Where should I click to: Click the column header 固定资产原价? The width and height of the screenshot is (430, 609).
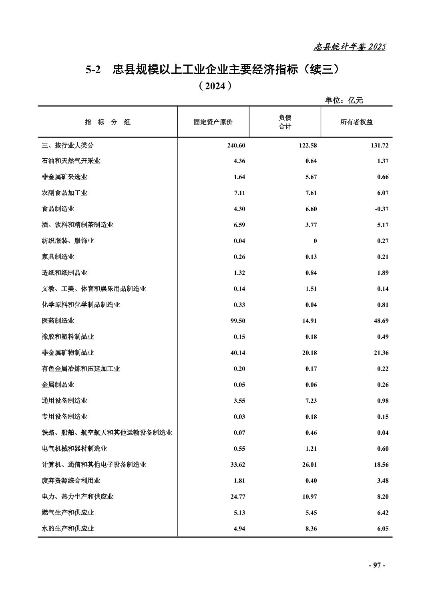tap(213, 122)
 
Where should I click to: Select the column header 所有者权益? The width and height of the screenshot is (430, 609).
tap(356, 122)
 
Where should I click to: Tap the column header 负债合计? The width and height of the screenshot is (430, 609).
tap(285, 122)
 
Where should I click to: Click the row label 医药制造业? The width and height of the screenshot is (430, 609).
tap(58, 321)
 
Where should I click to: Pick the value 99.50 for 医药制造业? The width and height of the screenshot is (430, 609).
tap(236, 321)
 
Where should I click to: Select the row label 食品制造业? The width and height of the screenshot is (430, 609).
tap(58, 209)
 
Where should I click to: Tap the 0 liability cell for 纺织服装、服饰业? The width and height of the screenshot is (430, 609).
tap(315, 241)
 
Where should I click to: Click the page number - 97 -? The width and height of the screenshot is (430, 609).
tap(377, 565)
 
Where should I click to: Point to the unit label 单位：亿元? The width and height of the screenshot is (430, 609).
tap(344, 100)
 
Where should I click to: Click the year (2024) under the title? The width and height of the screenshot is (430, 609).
tap(215, 86)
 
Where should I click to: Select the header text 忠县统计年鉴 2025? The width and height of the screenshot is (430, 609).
tap(349, 47)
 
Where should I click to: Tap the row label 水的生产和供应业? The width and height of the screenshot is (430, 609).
tap(68, 528)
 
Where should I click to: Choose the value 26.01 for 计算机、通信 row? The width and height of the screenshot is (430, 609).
tap(309, 464)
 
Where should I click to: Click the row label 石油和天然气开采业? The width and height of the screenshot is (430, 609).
tap(71, 161)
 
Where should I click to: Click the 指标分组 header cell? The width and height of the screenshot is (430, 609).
tap(107, 122)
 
